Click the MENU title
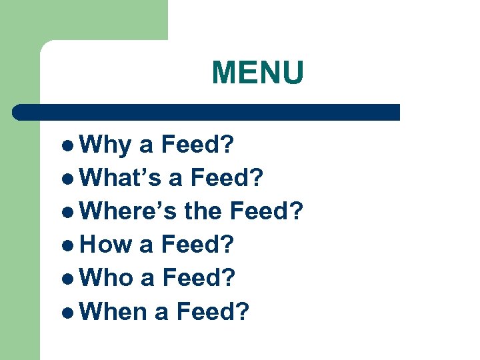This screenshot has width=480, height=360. (x=257, y=73)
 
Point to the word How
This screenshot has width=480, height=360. (x=106, y=245)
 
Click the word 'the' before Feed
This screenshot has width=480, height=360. (x=203, y=212)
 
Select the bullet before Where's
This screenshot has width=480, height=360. (x=72, y=213)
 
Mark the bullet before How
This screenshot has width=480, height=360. (x=72, y=245)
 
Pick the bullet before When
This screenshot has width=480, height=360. (x=72, y=311)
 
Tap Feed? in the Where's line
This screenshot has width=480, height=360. (x=266, y=212)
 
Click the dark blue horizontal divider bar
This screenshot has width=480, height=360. (x=207, y=111)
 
